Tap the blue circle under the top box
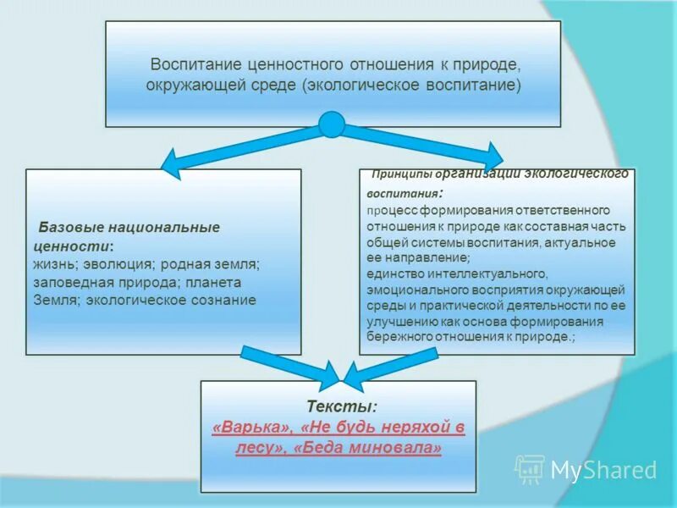331,124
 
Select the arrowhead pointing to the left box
172,162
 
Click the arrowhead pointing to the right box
490,155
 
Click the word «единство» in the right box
394,273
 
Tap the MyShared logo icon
530,469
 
